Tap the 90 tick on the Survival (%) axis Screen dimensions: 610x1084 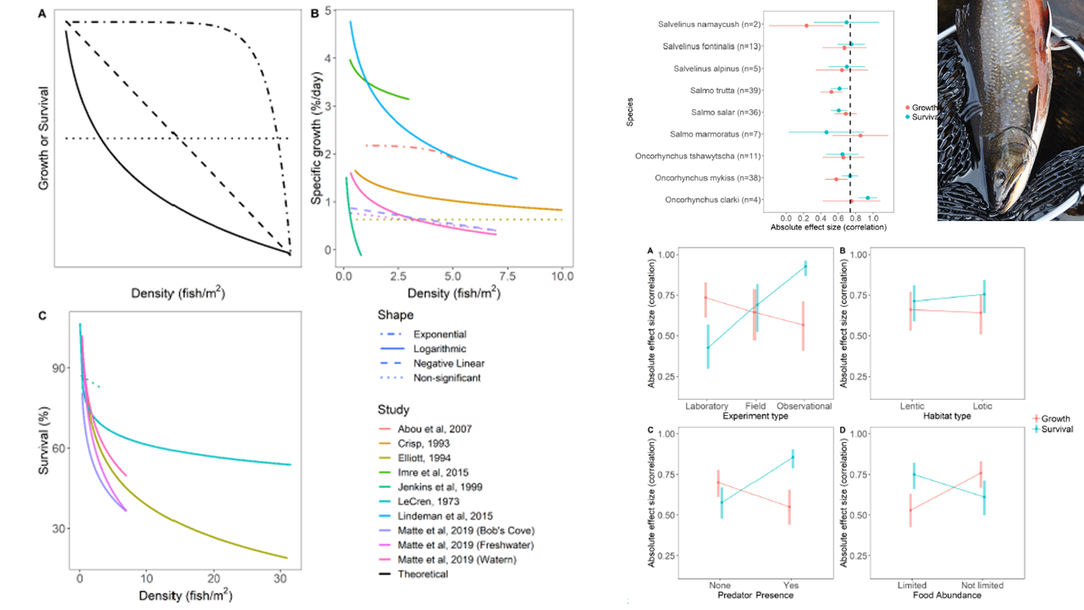coord(59,368)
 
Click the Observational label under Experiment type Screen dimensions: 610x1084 coord(803,406)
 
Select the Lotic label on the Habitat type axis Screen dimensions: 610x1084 coord(982,406)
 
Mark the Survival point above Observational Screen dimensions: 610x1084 coord(805,267)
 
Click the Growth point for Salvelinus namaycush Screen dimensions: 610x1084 coord(806,26)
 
